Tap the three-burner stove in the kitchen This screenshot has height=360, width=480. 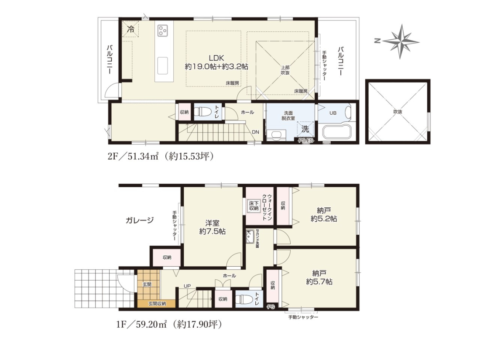[162, 30]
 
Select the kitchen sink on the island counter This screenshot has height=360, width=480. [163, 65]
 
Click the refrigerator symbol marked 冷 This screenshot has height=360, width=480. [131, 29]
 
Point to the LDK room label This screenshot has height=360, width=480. [216, 58]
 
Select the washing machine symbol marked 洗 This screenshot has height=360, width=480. [305, 129]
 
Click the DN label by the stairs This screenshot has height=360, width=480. [255, 132]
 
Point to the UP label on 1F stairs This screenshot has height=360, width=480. [187, 286]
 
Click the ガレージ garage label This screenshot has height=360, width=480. [140, 220]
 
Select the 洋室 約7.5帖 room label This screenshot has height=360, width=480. [213, 227]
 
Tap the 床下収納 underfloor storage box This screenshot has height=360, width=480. [254, 206]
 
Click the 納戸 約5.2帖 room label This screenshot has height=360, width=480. [324, 215]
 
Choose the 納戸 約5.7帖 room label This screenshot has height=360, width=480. [319, 277]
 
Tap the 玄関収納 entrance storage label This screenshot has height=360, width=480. [158, 304]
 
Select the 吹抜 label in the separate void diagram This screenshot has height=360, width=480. [398, 112]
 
